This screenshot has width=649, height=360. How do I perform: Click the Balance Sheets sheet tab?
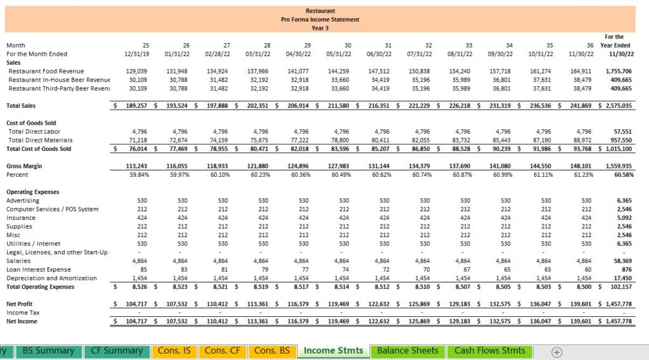tap(408, 351)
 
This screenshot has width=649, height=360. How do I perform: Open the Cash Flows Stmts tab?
tap(490, 351)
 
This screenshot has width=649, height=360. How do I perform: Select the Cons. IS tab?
tap(174, 351)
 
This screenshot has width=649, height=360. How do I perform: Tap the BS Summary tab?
tap(48, 351)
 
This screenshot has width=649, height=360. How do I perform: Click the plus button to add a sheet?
tap(556, 352)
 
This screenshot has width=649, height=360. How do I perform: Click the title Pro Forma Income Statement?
tap(320, 20)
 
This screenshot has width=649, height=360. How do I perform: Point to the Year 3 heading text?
tap(320, 28)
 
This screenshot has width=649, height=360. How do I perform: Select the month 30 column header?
tap(348, 45)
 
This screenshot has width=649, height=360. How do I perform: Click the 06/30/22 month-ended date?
tap(379, 54)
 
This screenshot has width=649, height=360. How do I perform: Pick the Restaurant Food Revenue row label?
tap(46, 71)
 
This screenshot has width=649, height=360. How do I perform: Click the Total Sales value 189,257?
tap(136, 105)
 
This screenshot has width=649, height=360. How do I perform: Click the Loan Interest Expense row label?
tap(39, 269)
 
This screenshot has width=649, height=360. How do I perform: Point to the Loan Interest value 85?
tap(144, 269)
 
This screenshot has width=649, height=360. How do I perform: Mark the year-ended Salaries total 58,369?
tap(624, 260)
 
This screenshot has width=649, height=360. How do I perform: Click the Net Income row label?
tap(22, 321)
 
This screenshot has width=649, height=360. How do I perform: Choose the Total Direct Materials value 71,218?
tap(138, 140)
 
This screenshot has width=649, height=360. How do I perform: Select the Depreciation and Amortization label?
tap(51, 278)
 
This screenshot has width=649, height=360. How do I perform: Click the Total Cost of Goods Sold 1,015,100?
tap(619, 148)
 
